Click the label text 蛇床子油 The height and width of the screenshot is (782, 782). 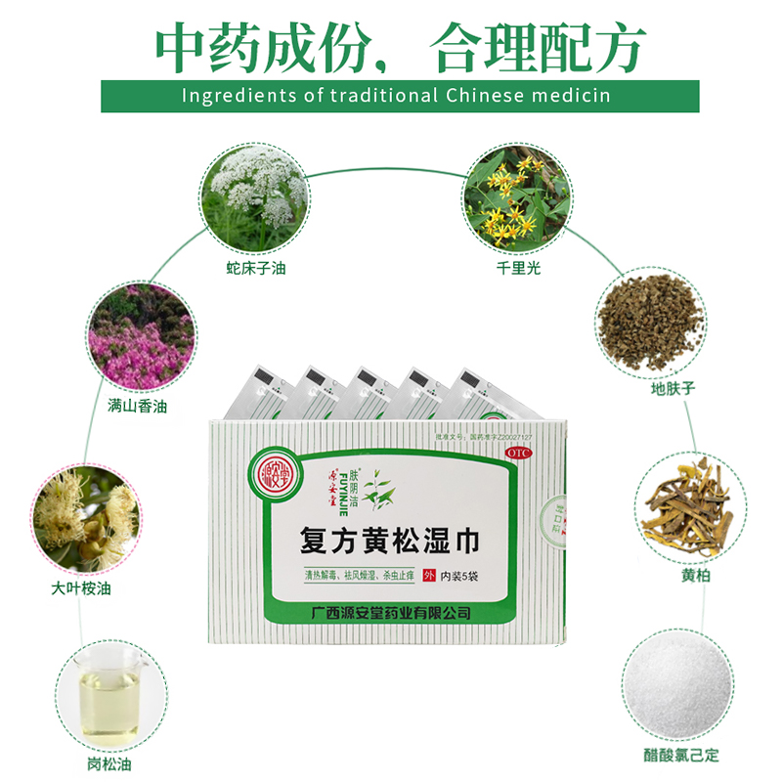(x=256, y=268)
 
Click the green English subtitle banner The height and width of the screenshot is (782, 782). (x=399, y=96)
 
